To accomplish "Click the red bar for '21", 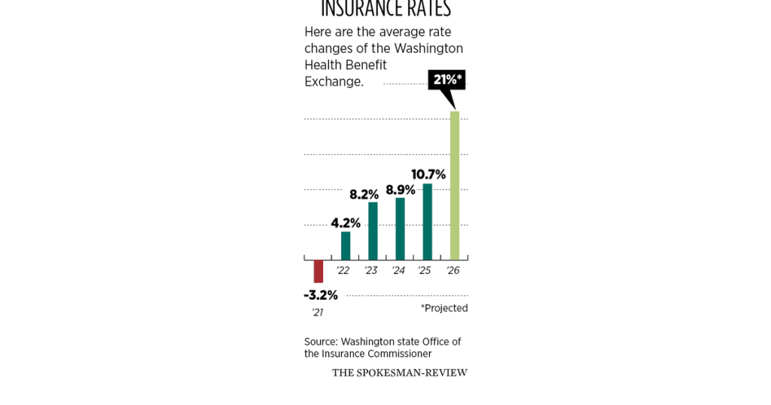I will [318, 271].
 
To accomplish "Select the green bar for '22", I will [346, 245].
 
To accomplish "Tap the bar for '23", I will [373, 231].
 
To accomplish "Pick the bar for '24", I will [400, 229].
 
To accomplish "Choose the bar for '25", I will [427, 222].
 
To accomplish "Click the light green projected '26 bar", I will [454, 185].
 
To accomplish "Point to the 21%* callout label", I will [447, 80].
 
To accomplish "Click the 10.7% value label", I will [428, 175].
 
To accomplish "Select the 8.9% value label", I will [401, 190].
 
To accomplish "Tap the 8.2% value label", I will [364, 194].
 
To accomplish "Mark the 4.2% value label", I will [346, 223].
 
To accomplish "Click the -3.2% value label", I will [321, 295].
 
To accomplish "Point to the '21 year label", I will [317, 312].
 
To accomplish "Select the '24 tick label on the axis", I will [398, 270].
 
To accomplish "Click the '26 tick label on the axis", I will [453, 270].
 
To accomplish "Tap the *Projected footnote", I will [444, 308].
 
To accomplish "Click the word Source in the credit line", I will [321, 342].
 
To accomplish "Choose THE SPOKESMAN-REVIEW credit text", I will [399, 373].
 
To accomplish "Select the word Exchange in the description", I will [334, 81].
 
